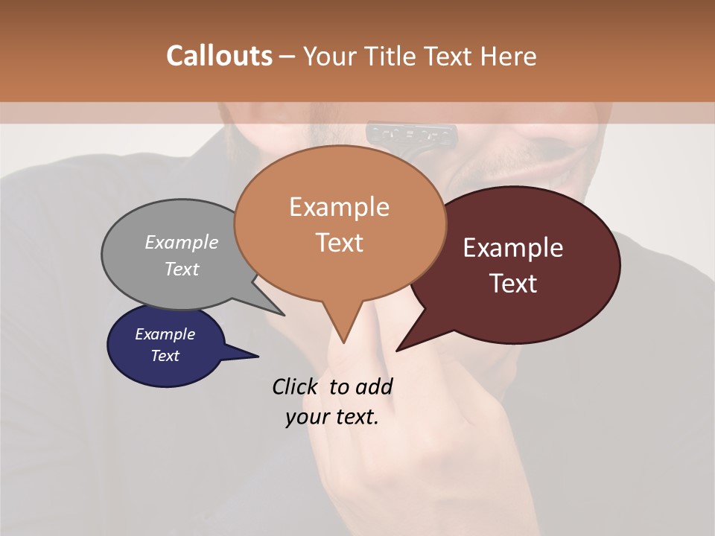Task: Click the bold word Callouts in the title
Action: [x=219, y=56]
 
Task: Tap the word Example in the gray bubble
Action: [x=182, y=242]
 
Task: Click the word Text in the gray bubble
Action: [x=182, y=269]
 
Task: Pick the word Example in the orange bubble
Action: [x=339, y=206]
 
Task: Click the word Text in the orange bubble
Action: [x=339, y=242]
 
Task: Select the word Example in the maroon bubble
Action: [x=513, y=247]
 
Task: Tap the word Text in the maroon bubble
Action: [x=513, y=283]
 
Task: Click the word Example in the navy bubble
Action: [x=165, y=334]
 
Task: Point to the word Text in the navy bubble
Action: [x=165, y=356]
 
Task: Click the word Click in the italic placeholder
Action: [x=296, y=386]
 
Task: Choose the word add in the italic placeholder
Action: [x=373, y=386]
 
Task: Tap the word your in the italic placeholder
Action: [x=305, y=417]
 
